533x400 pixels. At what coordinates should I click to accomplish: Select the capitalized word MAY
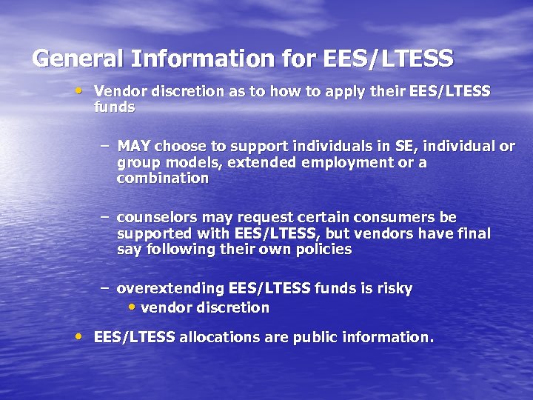pos(134,146)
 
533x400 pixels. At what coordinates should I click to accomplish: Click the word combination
pos(163,179)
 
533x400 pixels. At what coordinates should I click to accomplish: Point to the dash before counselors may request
pos(105,216)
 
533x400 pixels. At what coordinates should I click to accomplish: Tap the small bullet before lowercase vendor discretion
pos(132,307)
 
